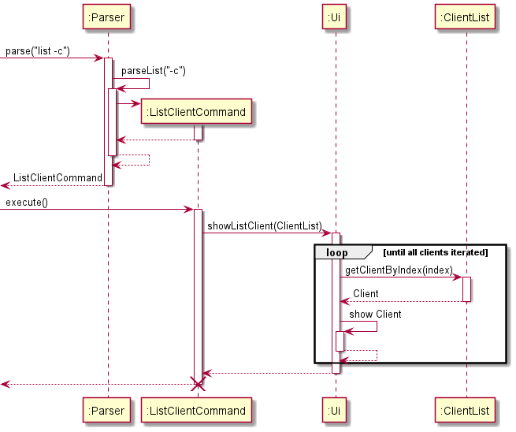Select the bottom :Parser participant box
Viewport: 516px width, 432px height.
click(x=108, y=410)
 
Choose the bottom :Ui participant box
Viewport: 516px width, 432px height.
click(x=335, y=410)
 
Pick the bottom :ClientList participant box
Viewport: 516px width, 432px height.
click(x=466, y=410)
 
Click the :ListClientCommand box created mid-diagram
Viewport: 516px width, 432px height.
click(x=197, y=112)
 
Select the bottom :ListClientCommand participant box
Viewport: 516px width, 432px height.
click(x=197, y=410)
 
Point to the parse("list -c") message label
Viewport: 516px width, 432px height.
click(x=38, y=52)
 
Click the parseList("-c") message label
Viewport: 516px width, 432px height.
click(x=154, y=71)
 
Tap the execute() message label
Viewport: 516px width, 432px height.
click(x=27, y=203)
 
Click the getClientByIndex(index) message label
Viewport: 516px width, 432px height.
click(x=399, y=270)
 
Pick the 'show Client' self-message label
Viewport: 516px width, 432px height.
click(x=375, y=315)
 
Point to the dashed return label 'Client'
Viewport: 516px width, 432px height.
click(x=366, y=294)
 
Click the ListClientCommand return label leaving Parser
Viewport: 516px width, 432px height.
click(x=58, y=178)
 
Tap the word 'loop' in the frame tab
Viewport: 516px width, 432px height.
click(x=336, y=252)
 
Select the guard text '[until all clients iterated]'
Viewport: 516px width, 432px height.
click(x=435, y=252)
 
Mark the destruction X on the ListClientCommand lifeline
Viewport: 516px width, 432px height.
click(x=198, y=384)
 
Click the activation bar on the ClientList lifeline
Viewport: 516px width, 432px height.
click(x=466, y=289)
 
